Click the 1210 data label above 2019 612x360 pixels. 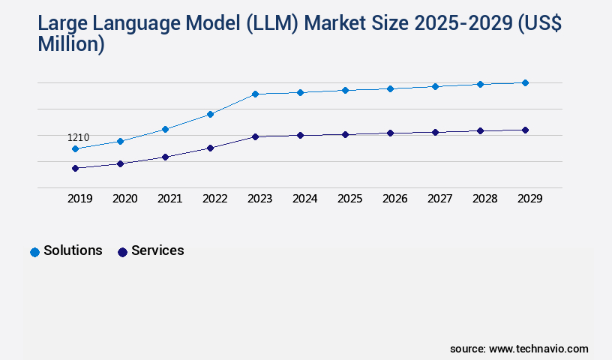click(79, 137)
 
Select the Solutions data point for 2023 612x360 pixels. click(255, 94)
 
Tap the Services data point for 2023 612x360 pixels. click(255, 136)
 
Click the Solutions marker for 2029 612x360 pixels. click(525, 82)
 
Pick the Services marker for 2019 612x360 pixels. click(75, 168)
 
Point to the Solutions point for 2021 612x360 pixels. click(165, 129)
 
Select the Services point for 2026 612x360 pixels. click(390, 133)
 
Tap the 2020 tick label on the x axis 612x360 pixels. click(124, 199)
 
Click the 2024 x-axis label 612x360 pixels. click(304, 199)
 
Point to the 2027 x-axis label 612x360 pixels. click(439, 199)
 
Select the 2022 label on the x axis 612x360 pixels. click(214, 199)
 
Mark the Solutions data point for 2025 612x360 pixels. click(345, 90)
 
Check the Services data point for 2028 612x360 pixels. click(480, 130)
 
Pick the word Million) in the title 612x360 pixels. click(71, 45)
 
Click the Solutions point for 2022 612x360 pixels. click(210, 114)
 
